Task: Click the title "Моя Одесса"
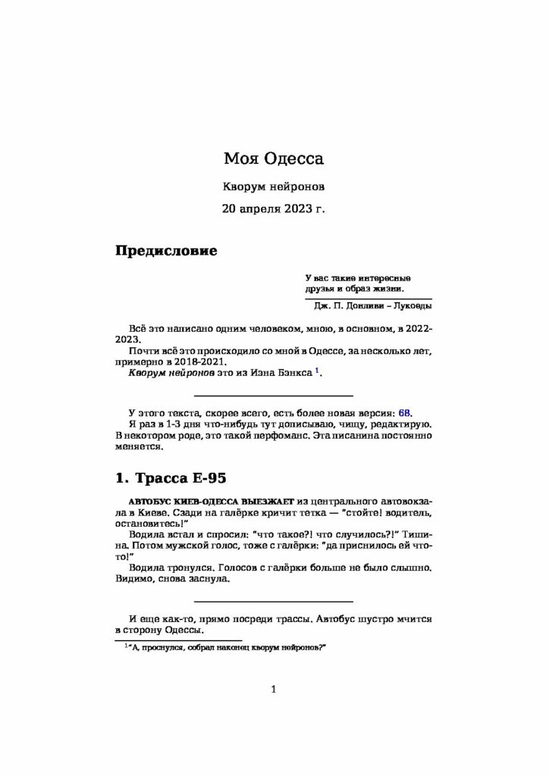pyautogui.click(x=274, y=159)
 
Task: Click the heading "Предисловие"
pyautogui.click(x=166, y=251)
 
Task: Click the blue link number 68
pyautogui.click(x=404, y=413)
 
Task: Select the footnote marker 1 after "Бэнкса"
pyautogui.click(x=318, y=370)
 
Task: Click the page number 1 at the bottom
pyautogui.click(x=274, y=689)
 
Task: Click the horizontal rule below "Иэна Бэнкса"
pyautogui.click(x=274, y=396)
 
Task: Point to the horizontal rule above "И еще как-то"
pyautogui.click(x=274, y=600)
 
